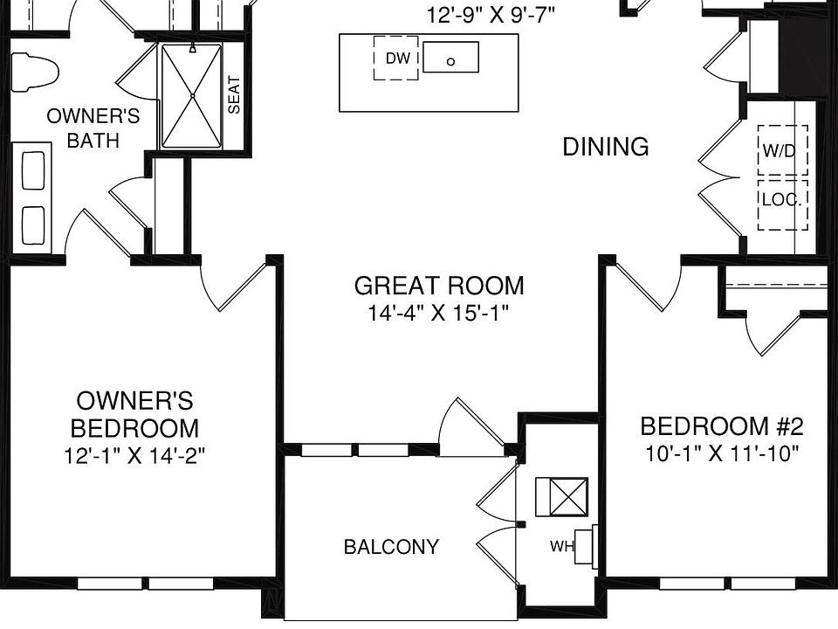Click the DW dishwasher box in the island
396,58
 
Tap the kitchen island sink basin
450,57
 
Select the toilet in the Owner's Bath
34,72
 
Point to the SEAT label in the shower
234,95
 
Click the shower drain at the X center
192,96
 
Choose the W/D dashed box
782,149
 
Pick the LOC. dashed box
782,204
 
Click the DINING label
606,147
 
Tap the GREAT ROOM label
439,286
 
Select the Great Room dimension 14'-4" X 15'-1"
437,313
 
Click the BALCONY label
391,547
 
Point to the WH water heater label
561,547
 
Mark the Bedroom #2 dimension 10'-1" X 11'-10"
722,454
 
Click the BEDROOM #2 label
722,426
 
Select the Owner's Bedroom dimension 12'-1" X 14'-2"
134,456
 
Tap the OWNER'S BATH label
93,128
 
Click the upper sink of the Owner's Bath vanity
33,170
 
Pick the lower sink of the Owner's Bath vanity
33,225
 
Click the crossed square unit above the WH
562,497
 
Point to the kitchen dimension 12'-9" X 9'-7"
491,15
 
